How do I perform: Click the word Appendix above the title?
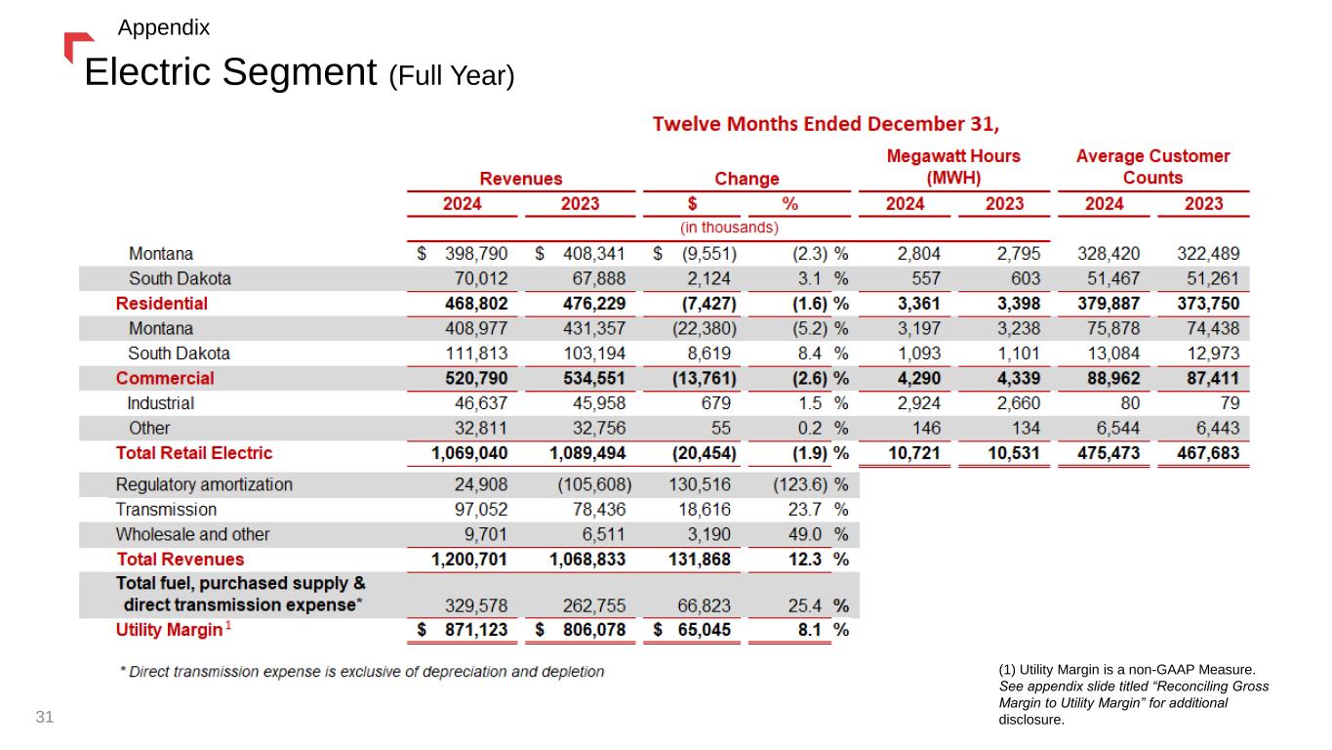[164, 27]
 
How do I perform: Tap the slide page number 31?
[45, 717]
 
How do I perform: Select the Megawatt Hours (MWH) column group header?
[953, 167]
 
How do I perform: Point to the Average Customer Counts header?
[1152, 167]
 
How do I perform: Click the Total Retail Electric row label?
[194, 453]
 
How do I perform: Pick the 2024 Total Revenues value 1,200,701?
[469, 560]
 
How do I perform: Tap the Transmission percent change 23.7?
[804, 510]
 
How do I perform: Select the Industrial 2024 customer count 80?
[1130, 403]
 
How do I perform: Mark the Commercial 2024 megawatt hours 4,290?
[918, 379]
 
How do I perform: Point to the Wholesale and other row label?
[192, 534]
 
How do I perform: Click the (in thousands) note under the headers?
[729, 228]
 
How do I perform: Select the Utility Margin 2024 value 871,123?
[476, 630]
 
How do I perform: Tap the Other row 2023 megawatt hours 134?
[1026, 429]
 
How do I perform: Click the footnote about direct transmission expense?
[361, 672]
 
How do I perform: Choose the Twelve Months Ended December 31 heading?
[826, 124]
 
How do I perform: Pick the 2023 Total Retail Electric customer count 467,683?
[1208, 453]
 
